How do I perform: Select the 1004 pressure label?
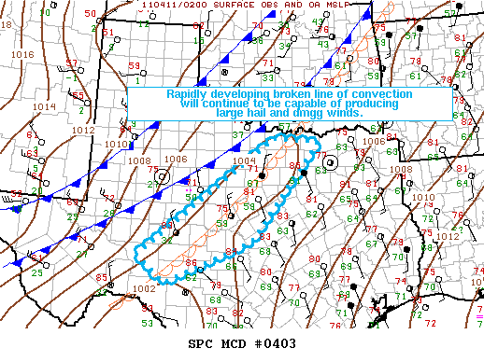pyautogui.click(x=242, y=160)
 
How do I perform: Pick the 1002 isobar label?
pyautogui.click(x=143, y=289)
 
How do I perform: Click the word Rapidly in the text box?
pyautogui.click(x=189, y=94)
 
